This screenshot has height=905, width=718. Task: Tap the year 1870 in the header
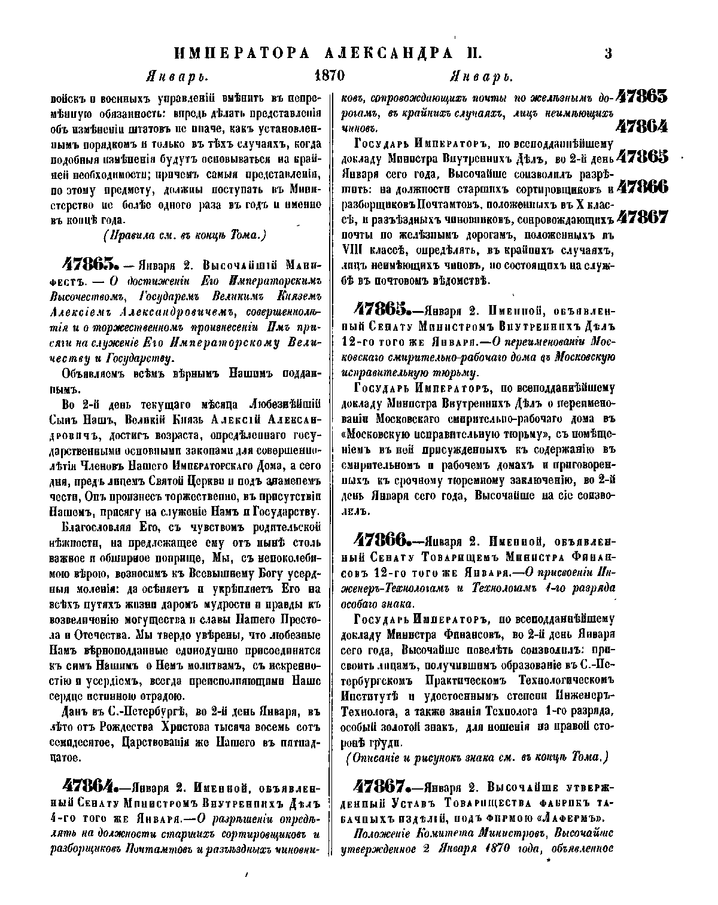coord(330,77)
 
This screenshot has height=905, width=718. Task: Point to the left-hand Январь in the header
coord(177,77)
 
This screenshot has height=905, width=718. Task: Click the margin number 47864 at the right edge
coord(642,127)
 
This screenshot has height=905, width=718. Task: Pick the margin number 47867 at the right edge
coord(642,217)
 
